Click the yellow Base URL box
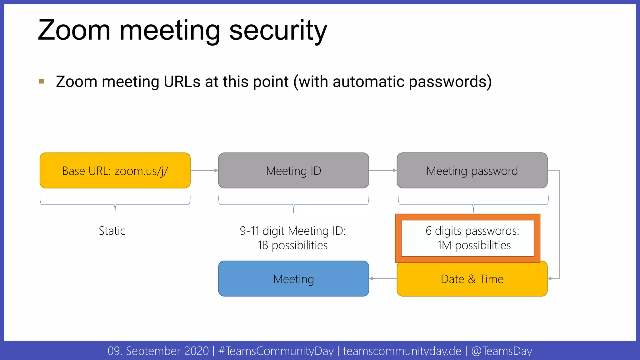[115, 171]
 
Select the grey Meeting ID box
[293, 171]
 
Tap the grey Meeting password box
[472, 171]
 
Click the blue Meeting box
[293, 279]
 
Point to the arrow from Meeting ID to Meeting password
[383, 171]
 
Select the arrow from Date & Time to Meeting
[383, 278]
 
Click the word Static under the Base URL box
[112, 231]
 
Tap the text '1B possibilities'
[292, 245]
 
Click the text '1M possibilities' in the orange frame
[474, 245]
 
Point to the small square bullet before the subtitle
[42, 82]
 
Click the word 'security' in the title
[278, 31]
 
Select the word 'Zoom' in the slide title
[74, 31]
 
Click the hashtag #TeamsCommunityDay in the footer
[276, 351]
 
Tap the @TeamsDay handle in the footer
[502, 351]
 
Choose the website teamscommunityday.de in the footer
[402, 351]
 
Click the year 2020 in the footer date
[196, 351]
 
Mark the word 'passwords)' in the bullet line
[450, 82]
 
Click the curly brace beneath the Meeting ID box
[293, 205]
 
